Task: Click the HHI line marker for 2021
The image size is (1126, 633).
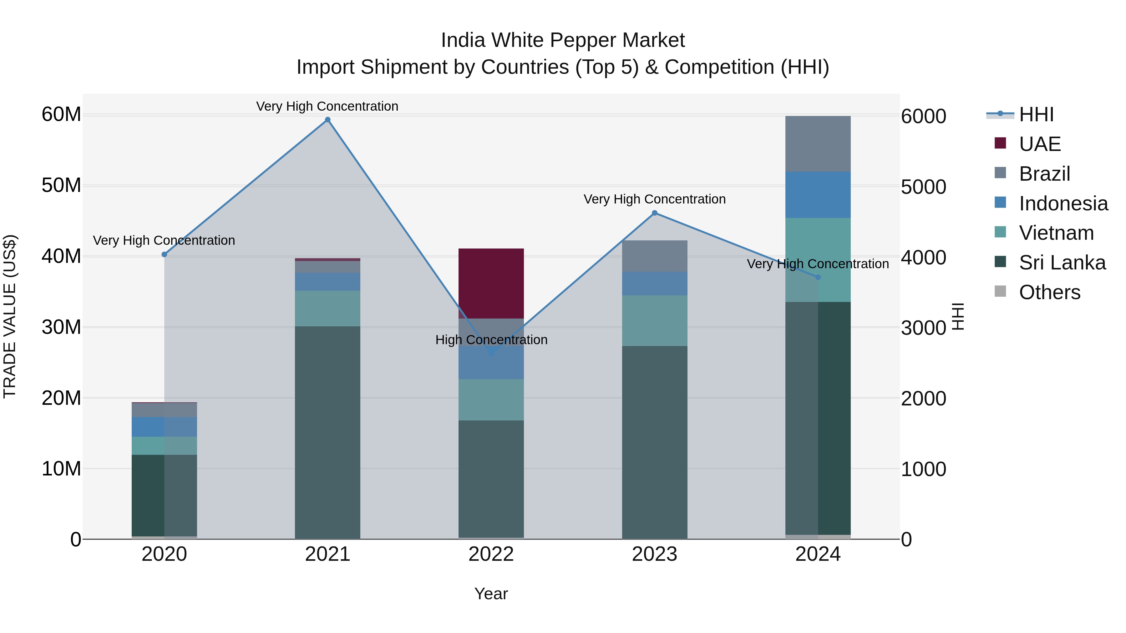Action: click(327, 120)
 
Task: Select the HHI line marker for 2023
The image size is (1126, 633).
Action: click(654, 213)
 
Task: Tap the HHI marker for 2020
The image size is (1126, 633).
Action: click(164, 254)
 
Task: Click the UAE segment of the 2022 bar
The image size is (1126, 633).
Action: click(491, 283)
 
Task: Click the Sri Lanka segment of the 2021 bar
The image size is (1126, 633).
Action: click(327, 433)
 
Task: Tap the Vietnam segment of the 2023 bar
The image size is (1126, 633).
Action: click(654, 321)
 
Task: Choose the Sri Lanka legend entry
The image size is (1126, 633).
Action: click(1062, 263)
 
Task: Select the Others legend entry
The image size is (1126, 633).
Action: click(1049, 292)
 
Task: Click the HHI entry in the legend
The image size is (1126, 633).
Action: click(1036, 114)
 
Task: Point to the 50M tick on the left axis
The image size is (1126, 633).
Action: click(61, 185)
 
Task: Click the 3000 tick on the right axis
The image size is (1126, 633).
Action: click(923, 328)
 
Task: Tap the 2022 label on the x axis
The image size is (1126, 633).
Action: click(491, 554)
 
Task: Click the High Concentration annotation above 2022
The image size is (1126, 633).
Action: click(491, 339)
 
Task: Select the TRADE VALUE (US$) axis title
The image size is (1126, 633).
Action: click(10, 316)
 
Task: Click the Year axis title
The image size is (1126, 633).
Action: click(491, 594)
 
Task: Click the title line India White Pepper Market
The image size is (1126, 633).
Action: click(563, 40)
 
